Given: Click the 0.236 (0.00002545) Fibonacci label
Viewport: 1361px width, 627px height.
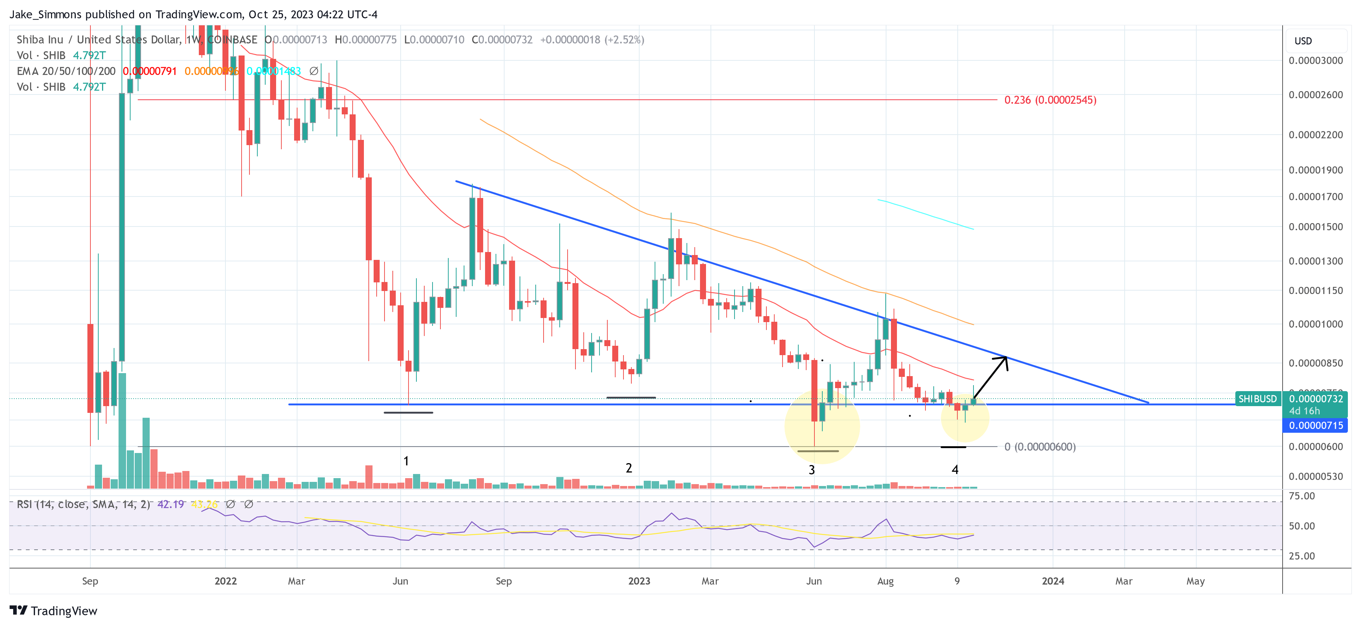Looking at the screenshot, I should coord(1050,100).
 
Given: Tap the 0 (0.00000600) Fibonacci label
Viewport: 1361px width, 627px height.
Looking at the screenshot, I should coord(1039,447).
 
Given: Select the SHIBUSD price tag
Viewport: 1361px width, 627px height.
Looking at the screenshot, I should coord(1257,399).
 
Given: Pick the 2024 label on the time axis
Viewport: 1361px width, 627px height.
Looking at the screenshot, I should coord(1053,581).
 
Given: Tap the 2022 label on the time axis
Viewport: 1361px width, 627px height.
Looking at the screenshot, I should coord(225,581).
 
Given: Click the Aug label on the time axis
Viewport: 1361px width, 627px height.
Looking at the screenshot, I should coord(885,581).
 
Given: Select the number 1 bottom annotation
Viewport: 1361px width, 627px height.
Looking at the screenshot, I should coord(406,461).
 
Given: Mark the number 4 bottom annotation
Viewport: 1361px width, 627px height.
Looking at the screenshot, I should coord(955,469).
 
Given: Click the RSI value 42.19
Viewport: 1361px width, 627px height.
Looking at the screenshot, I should coord(170,504).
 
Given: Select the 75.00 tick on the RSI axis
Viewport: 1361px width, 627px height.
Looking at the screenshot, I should coord(1302,496).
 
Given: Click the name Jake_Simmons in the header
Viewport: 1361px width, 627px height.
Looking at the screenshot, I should coord(45,14).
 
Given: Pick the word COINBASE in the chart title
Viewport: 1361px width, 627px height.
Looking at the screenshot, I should coord(233,40).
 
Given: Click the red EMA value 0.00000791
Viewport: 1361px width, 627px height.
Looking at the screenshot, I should coord(150,71).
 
